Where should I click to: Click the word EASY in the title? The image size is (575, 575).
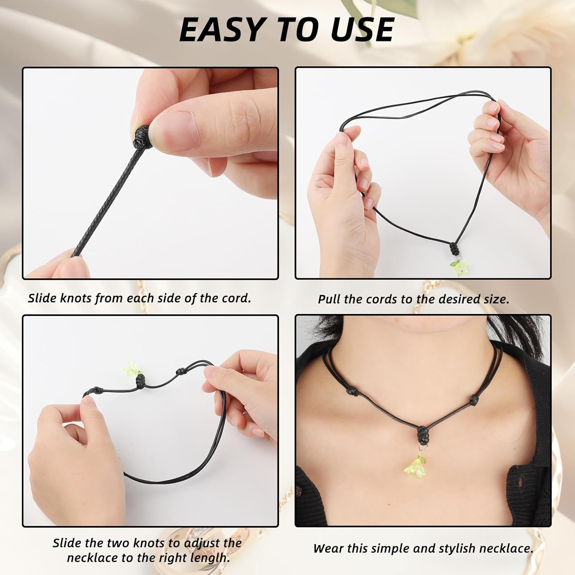(x=221, y=30)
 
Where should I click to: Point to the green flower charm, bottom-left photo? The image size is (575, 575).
(x=132, y=368)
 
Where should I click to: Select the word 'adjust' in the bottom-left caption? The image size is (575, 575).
(x=202, y=543)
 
